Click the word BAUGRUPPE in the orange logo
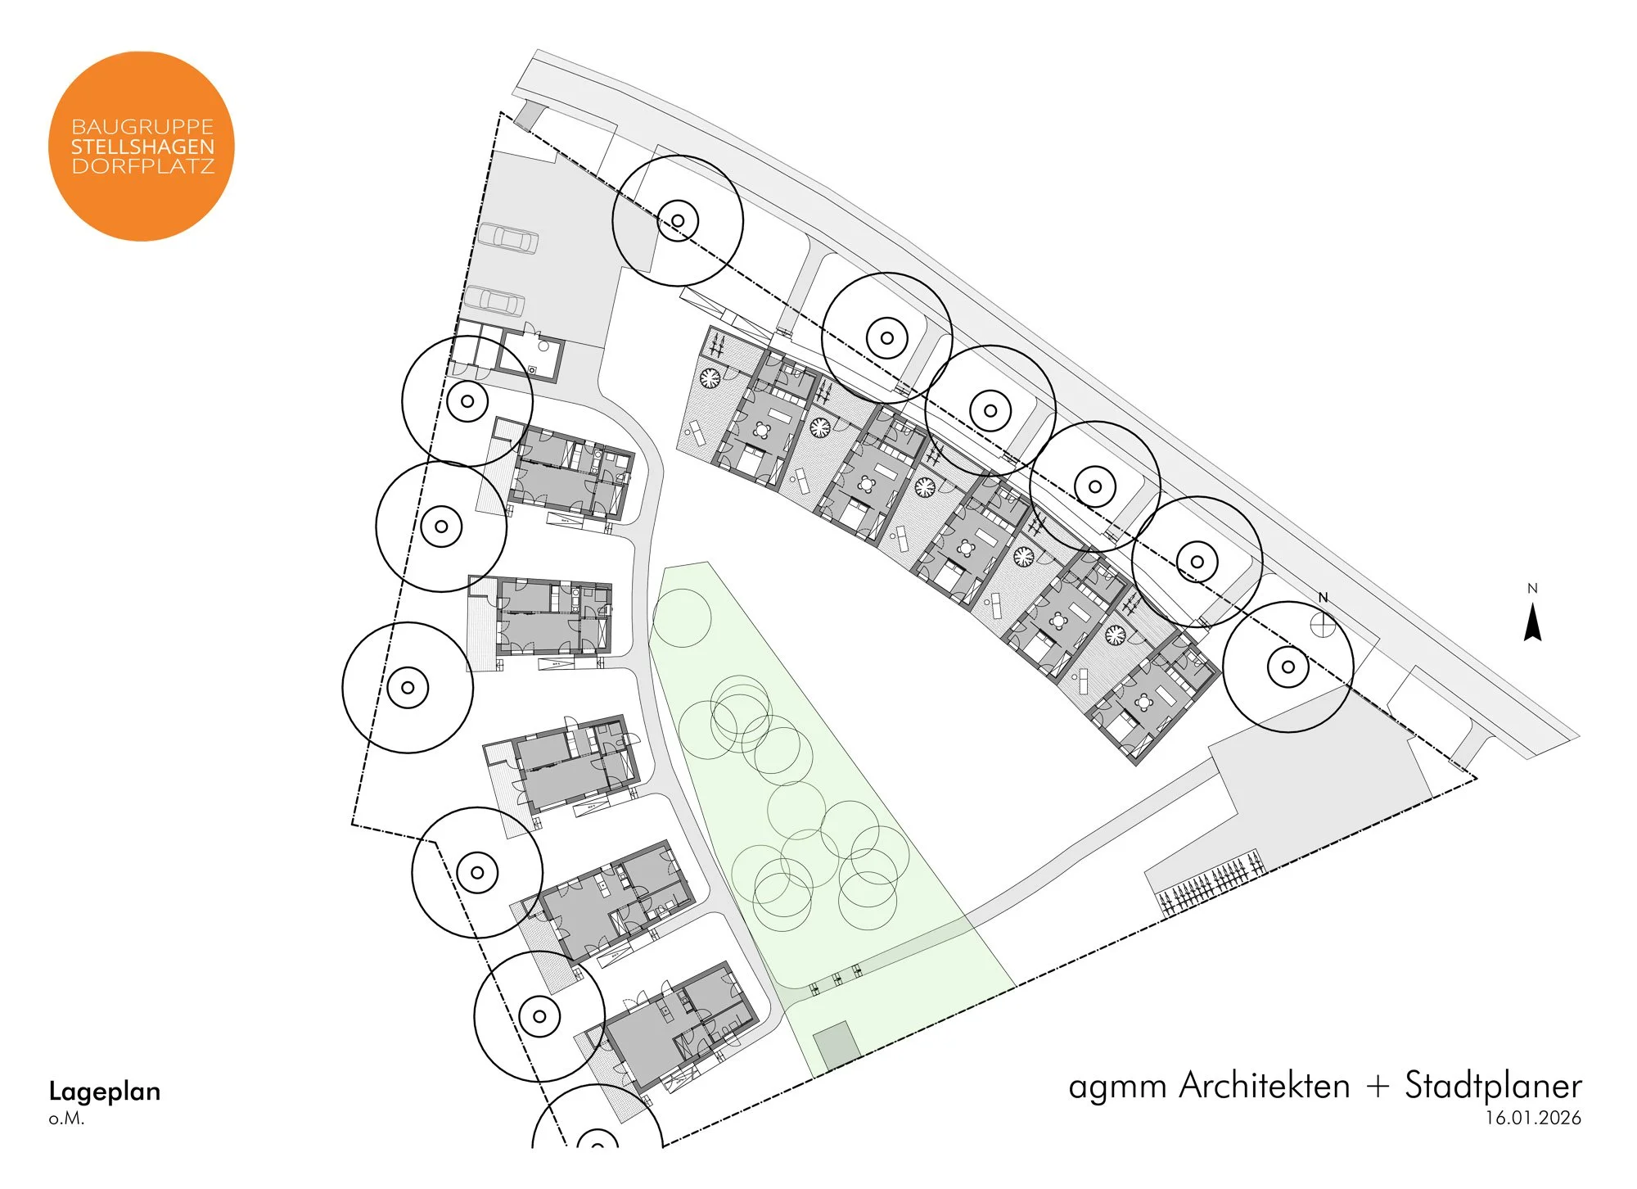pyautogui.click(x=142, y=127)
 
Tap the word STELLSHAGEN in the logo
pyautogui.click(x=142, y=147)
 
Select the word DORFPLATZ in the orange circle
pyautogui.click(x=142, y=166)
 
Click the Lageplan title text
pyautogui.click(x=105, y=1092)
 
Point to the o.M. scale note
pyautogui.click(x=66, y=1119)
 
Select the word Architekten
pyautogui.click(x=1265, y=1086)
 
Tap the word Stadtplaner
pyautogui.click(x=1493, y=1086)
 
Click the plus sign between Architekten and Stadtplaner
pyautogui.click(x=1378, y=1087)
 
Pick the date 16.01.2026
pyautogui.click(x=1533, y=1119)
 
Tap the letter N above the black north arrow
pyautogui.click(x=1532, y=588)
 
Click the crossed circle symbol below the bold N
pyautogui.click(x=1323, y=625)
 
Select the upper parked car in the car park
pyautogui.click(x=508, y=238)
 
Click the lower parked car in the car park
pyautogui.click(x=494, y=301)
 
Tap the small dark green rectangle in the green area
pyautogui.click(x=836, y=1046)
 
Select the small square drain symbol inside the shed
pyautogui.click(x=532, y=370)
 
